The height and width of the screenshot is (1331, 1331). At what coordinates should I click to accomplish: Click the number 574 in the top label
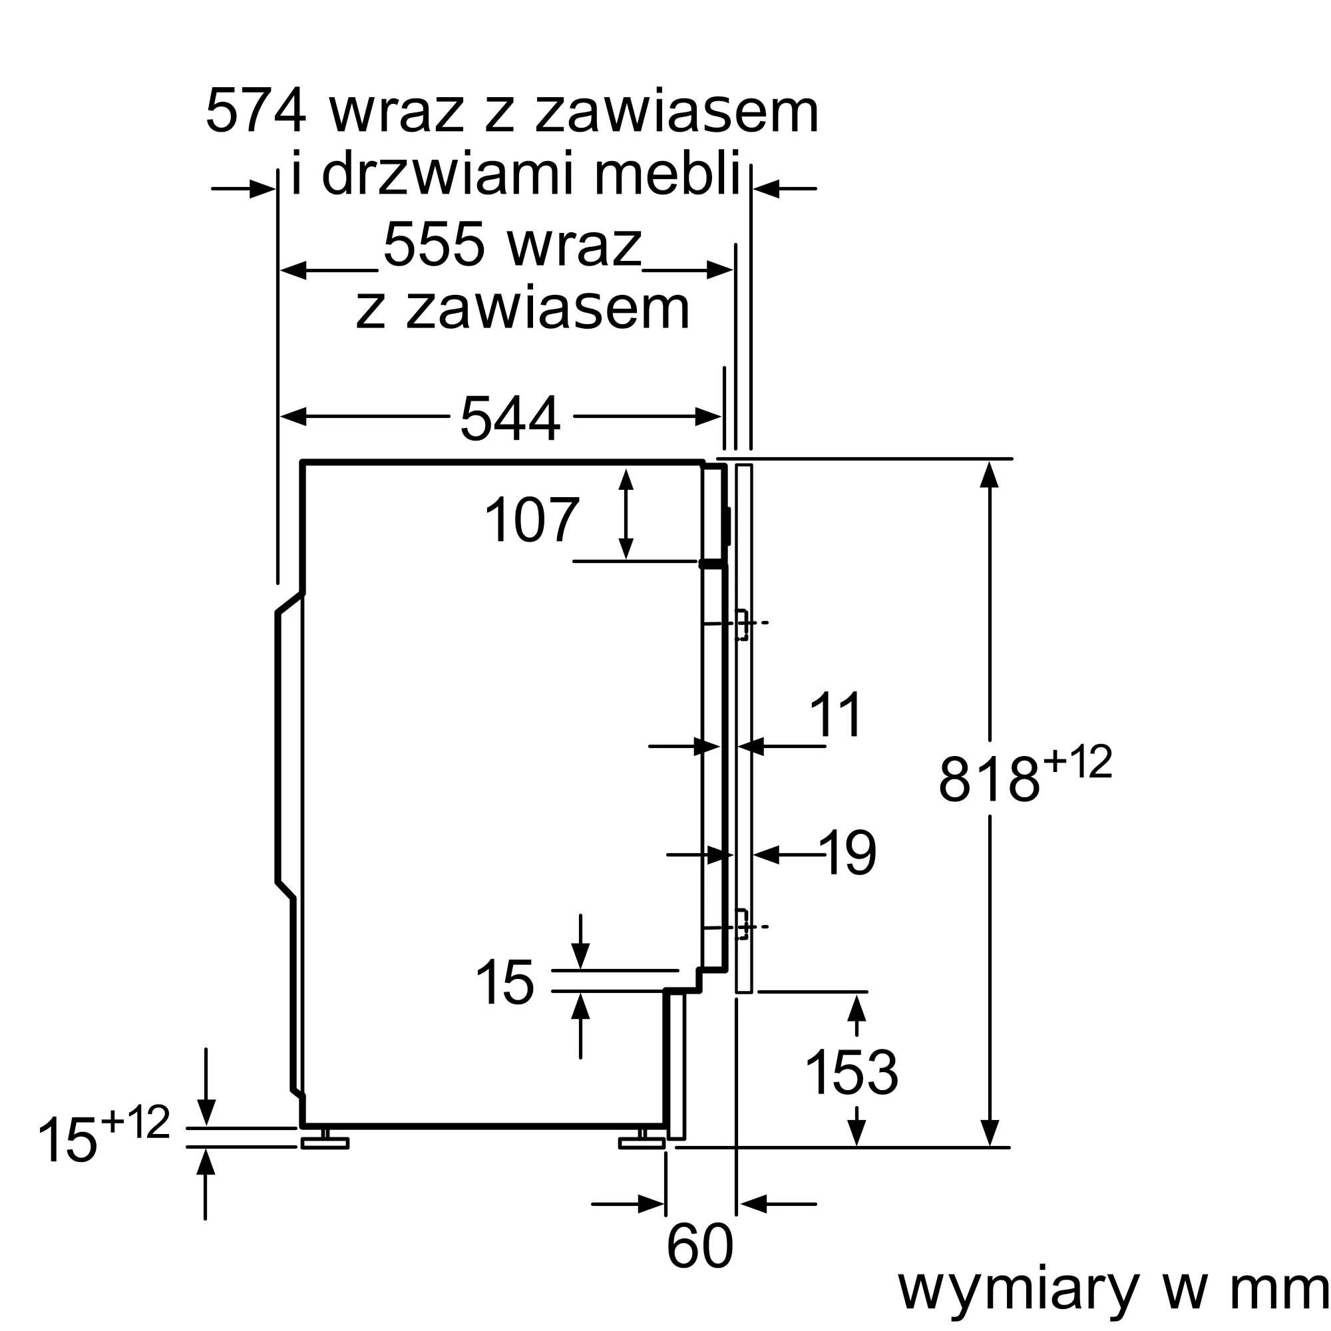click(255, 110)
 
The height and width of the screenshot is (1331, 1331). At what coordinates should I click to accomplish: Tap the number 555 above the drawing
click(433, 244)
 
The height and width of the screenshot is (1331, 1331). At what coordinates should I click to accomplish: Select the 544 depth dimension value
click(510, 418)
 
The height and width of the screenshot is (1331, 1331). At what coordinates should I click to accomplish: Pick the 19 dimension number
click(848, 853)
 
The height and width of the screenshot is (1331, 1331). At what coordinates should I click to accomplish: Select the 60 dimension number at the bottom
click(699, 1246)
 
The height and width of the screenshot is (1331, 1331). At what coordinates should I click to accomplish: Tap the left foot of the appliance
click(325, 1143)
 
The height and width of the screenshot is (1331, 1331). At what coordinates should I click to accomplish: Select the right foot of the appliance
click(642, 1143)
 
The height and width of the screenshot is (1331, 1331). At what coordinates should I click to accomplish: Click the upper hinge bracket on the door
click(742, 624)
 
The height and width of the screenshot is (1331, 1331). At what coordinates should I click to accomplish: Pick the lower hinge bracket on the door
click(742, 924)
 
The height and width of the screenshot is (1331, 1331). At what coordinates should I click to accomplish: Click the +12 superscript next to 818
click(1077, 761)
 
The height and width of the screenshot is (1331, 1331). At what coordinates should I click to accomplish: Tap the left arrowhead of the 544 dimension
click(293, 416)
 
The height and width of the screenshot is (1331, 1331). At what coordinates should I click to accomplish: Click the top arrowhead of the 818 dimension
click(990, 475)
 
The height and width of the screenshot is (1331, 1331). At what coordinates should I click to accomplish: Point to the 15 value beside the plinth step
click(504, 982)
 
